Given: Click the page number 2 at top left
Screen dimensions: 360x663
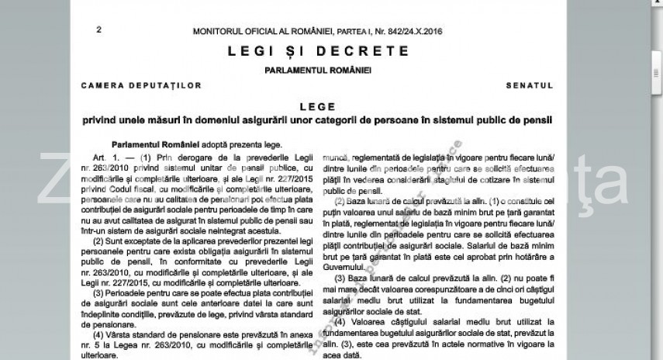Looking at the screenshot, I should click(98, 30).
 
